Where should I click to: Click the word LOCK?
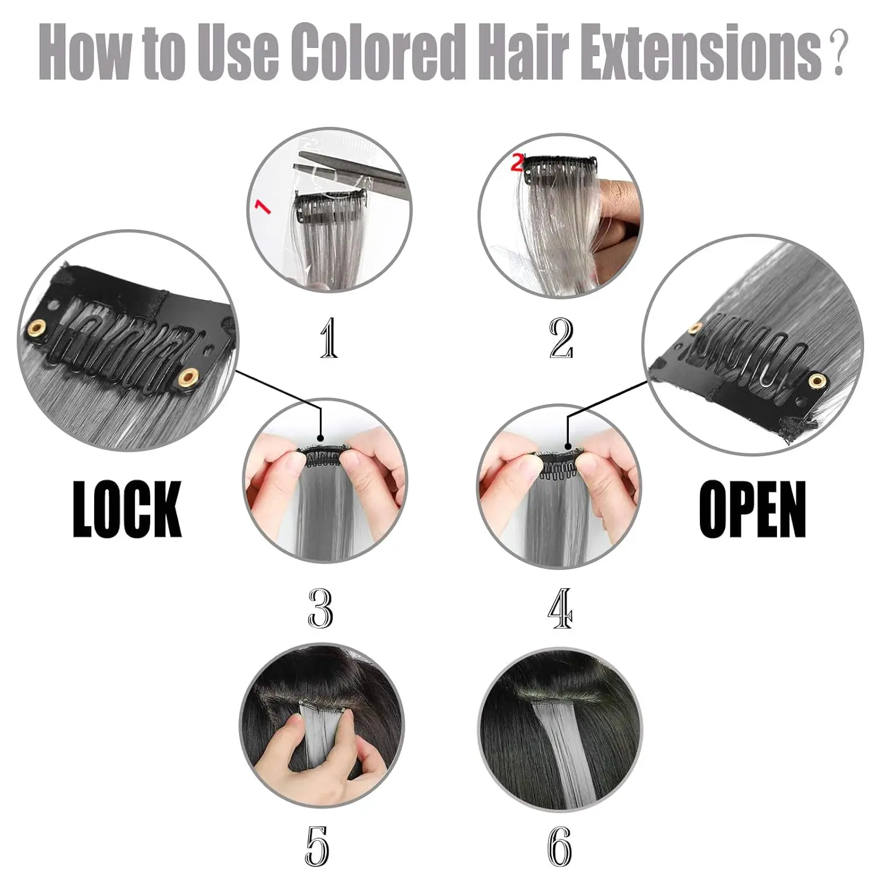(127, 509)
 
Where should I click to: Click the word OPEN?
(752, 509)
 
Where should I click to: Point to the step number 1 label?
(329, 338)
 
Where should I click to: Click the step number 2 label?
(561, 338)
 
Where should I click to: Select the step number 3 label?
(320, 608)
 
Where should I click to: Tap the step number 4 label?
(560, 608)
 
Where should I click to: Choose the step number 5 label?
(317, 845)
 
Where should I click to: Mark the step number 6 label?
(560, 845)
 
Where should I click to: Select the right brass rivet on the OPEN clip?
(817, 382)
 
